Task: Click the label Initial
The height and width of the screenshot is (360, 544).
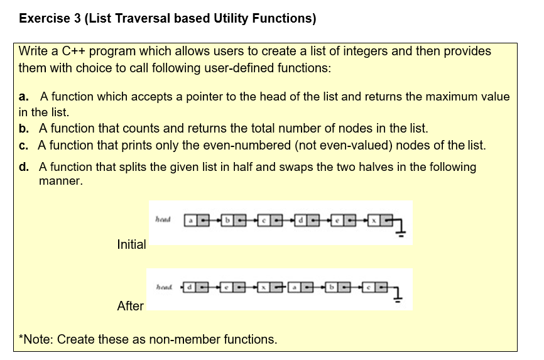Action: [x=131, y=244]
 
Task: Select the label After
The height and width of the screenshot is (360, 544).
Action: [x=130, y=306]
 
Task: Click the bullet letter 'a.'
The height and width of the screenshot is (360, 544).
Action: [x=24, y=97]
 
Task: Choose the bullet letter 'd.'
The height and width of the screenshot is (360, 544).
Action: [x=24, y=168]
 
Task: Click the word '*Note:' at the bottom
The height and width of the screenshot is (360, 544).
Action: [x=36, y=340]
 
